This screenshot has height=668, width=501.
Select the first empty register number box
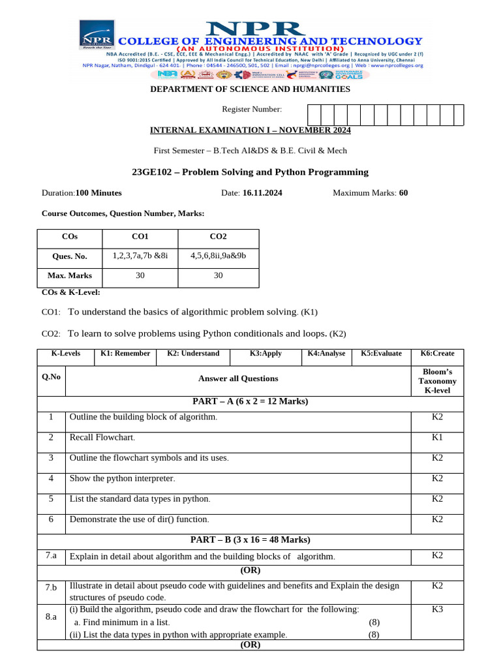(314, 115)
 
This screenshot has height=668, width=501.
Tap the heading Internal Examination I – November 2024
(250, 130)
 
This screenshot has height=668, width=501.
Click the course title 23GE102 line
(250, 172)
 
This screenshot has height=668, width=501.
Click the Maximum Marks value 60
(403, 192)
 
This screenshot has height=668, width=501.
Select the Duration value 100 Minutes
(99, 192)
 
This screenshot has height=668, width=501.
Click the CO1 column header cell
(140, 237)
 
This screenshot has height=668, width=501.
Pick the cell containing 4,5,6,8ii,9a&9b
(219, 256)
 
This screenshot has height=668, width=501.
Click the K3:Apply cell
(266, 354)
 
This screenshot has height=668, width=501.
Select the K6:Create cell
(437, 354)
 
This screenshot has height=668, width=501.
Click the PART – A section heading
(250, 401)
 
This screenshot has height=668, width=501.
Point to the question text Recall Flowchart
(102, 437)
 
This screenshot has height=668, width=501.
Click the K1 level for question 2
(437, 437)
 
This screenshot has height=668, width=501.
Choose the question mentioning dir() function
(140, 519)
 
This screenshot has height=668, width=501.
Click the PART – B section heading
(250, 539)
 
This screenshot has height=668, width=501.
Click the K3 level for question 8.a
(437, 609)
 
